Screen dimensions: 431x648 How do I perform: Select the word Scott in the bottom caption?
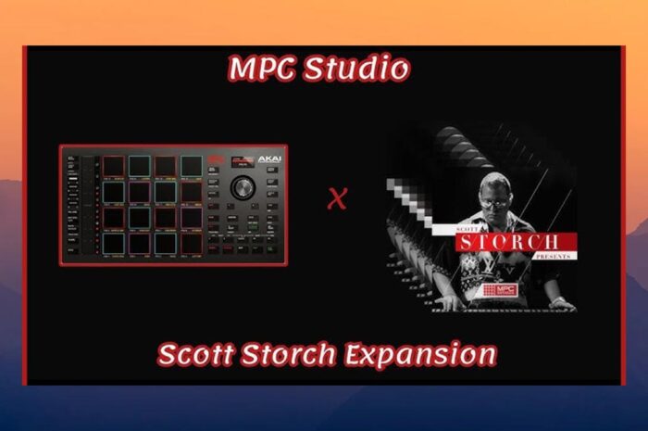click(198, 355)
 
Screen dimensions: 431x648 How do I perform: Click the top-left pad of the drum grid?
click(114, 166)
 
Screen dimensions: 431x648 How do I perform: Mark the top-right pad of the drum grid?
click(192, 166)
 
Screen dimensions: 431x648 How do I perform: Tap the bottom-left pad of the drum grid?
click(114, 242)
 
